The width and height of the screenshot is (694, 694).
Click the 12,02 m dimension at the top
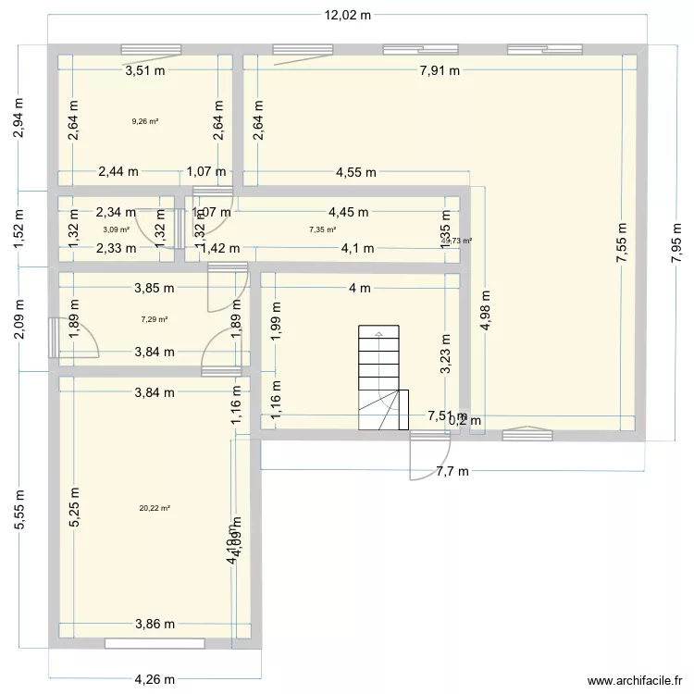(347, 15)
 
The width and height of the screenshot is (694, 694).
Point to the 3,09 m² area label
(116, 229)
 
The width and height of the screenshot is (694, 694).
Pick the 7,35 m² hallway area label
(322, 229)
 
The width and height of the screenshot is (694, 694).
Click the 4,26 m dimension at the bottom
(156, 679)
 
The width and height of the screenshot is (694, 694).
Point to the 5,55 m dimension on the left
(19, 510)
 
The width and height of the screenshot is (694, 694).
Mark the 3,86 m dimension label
(154, 624)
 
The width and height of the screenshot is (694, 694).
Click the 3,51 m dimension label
(146, 68)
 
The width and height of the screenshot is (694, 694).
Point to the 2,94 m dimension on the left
(19, 118)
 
